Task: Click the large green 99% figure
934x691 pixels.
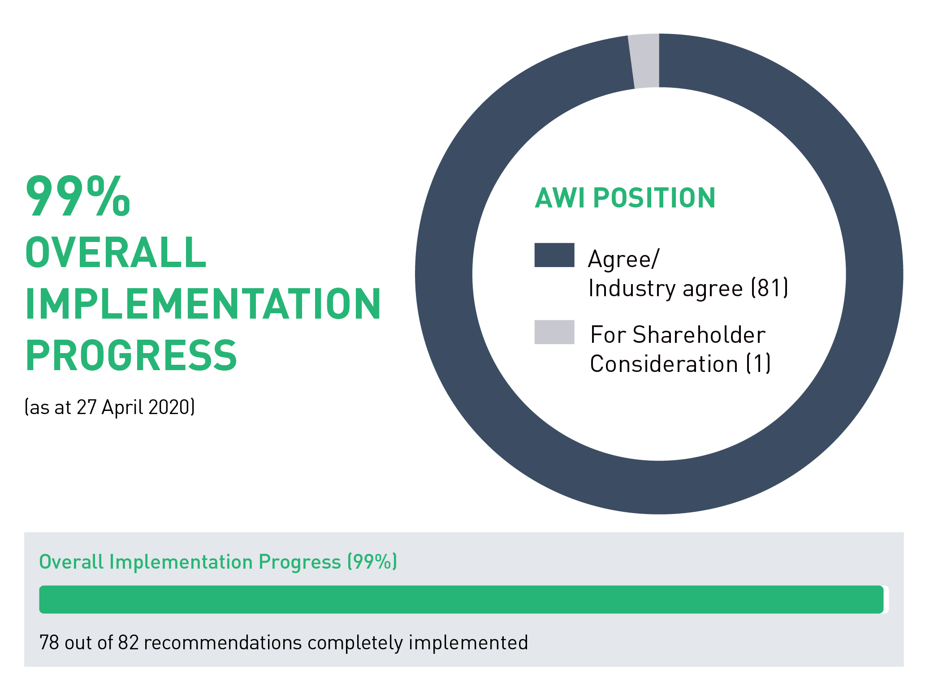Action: tap(78, 196)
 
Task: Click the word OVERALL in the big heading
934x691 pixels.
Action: tap(116, 252)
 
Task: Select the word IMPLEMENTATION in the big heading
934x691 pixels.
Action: tap(203, 304)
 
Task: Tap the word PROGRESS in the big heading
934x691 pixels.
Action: tap(131, 355)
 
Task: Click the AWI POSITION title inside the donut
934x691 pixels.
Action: tap(625, 198)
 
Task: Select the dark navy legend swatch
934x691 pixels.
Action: tap(554, 255)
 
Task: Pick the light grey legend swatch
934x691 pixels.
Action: tap(554, 332)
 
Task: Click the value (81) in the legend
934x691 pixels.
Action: tap(770, 288)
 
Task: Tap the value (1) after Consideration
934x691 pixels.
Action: tap(758, 363)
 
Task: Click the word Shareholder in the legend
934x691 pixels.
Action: tap(699, 335)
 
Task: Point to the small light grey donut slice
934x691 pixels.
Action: tap(644, 61)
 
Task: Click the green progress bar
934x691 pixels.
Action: tap(461, 599)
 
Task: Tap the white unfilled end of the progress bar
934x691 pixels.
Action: tap(886, 599)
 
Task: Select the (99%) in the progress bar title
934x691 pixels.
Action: tap(372, 562)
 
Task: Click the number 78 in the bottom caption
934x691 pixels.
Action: tap(49, 643)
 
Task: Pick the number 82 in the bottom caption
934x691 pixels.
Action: tap(128, 643)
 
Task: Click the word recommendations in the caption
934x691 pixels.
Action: tap(223, 643)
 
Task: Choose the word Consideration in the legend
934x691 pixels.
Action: tap(664, 363)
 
